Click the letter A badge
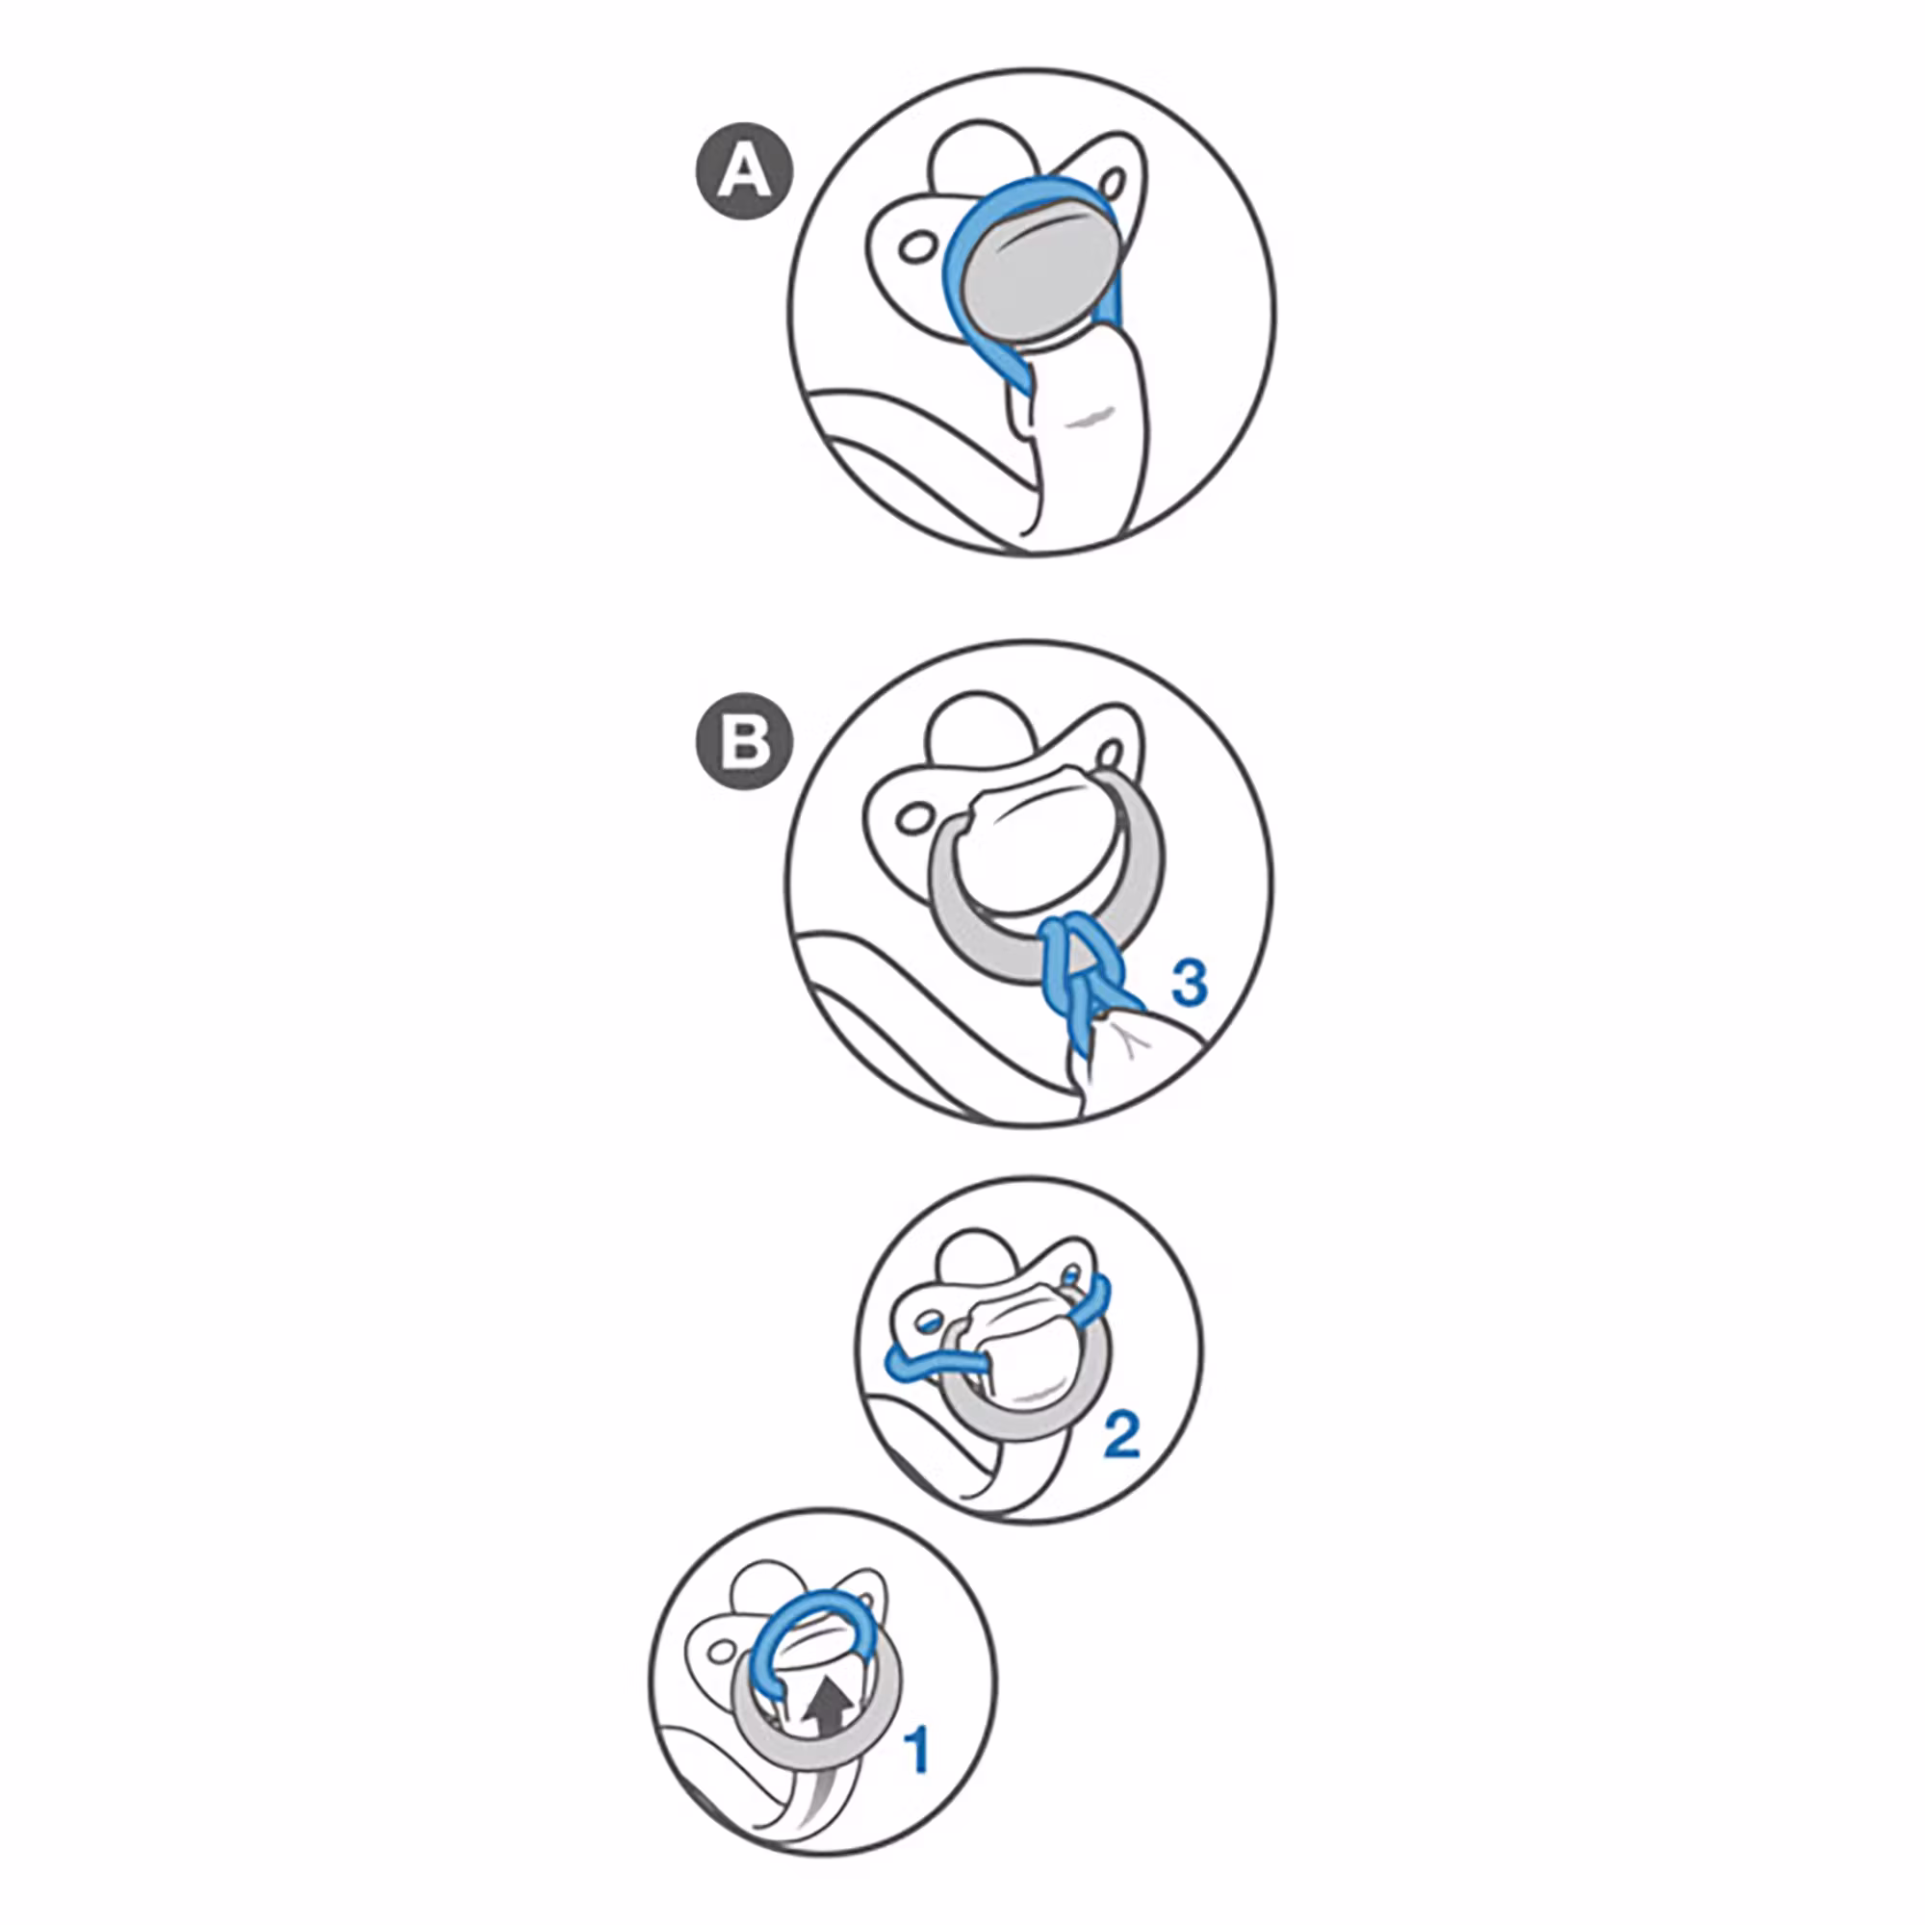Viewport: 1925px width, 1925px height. coord(745,170)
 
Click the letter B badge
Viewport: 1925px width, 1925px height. coord(745,741)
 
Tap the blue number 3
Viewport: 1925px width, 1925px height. coord(1189,984)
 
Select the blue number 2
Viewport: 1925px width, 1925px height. coord(1121,1436)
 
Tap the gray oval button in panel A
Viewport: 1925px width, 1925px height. coord(1037,276)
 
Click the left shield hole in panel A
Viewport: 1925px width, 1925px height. coord(915,244)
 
